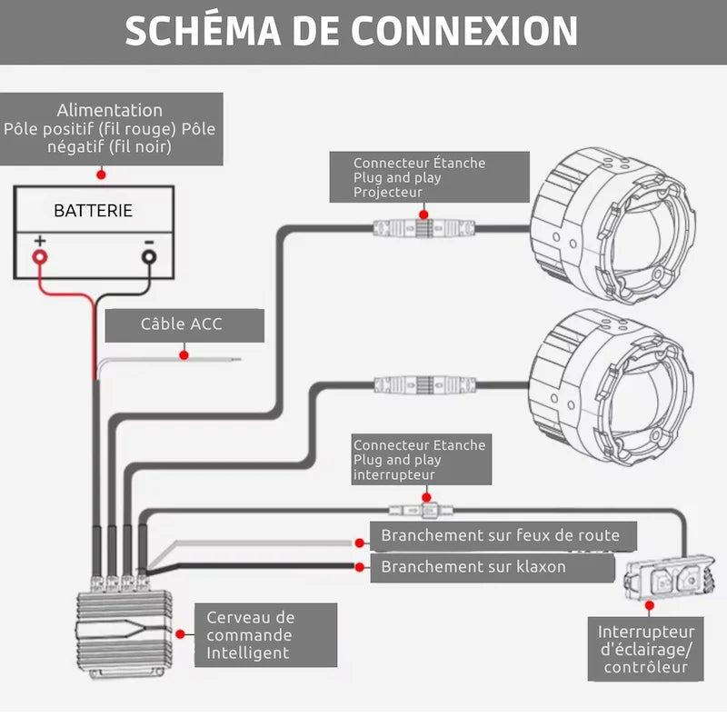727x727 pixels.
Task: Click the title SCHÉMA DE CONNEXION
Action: pyautogui.click(x=351, y=31)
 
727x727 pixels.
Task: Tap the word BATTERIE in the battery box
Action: pyautogui.click(x=93, y=211)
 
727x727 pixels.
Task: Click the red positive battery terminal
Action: pyautogui.click(x=40, y=256)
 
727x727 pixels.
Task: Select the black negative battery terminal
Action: pyautogui.click(x=148, y=256)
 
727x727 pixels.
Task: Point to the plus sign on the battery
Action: pyautogui.click(x=40, y=242)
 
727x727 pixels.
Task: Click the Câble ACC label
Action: pyautogui.click(x=182, y=324)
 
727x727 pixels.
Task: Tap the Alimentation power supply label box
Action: pyautogui.click(x=110, y=128)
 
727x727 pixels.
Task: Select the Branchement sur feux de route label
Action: pyautogui.click(x=500, y=535)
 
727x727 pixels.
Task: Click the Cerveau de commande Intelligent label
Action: pyautogui.click(x=250, y=634)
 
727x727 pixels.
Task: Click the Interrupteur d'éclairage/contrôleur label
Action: pyautogui.click(x=646, y=650)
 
